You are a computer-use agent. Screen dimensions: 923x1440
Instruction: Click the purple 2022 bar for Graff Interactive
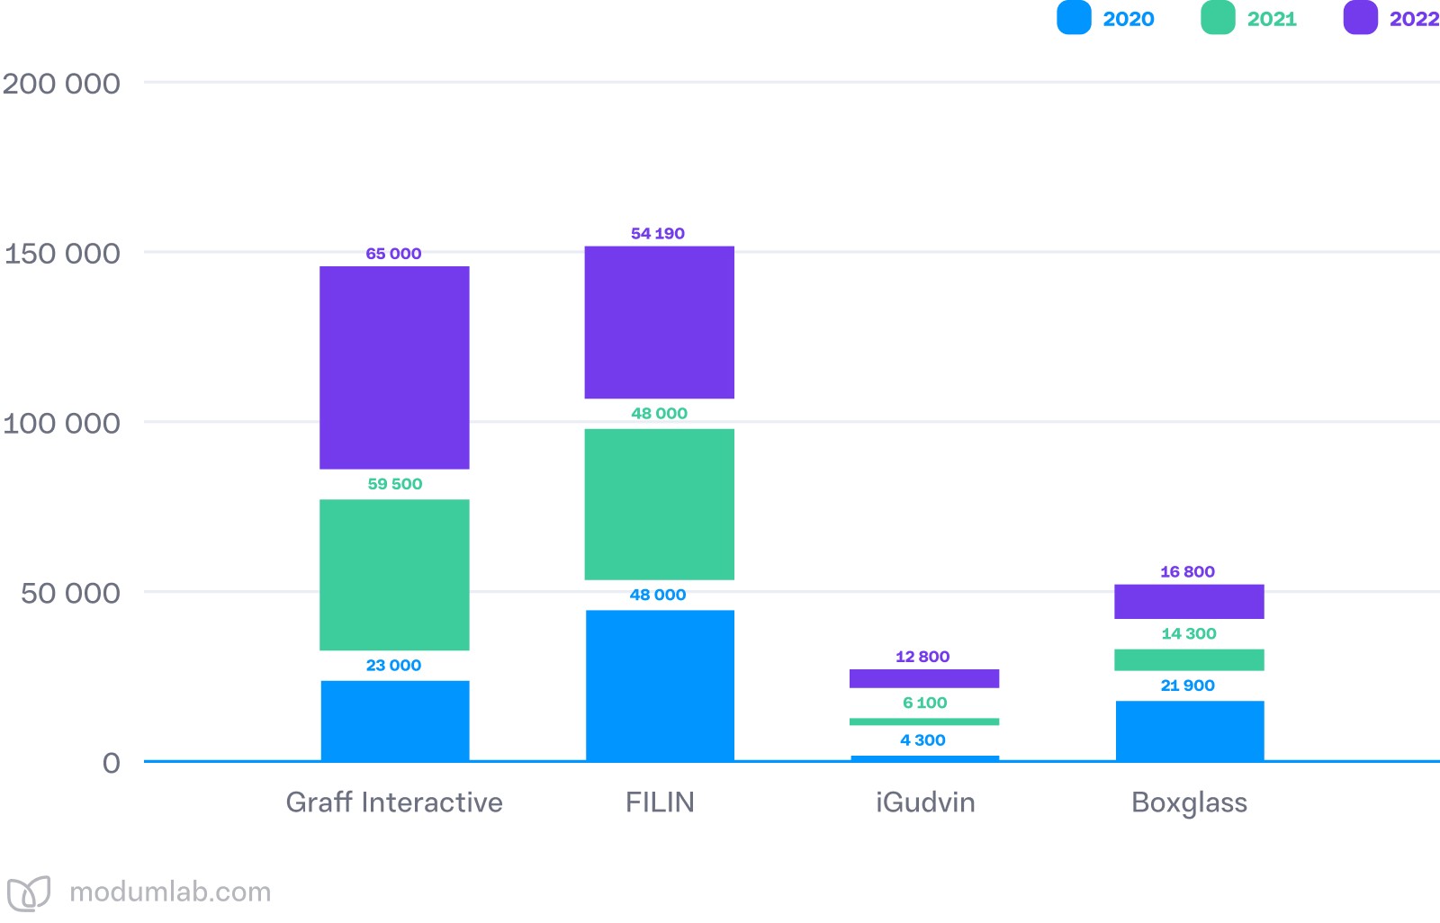point(394,367)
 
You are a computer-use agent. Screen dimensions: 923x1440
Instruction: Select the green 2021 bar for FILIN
point(659,504)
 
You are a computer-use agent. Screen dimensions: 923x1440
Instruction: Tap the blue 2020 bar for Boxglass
point(1189,730)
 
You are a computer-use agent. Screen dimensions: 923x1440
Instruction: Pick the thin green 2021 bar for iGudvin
point(924,721)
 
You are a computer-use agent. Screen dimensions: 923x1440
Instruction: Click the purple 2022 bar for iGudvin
point(924,678)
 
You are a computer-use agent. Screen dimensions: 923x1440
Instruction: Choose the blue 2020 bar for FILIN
point(659,686)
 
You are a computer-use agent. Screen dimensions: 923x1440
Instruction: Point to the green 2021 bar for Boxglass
point(1189,659)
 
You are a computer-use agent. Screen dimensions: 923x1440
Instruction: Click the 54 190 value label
point(658,234)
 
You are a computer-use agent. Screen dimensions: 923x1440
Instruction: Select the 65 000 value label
point(393,254)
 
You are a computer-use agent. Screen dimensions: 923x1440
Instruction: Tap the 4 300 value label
point(922,740)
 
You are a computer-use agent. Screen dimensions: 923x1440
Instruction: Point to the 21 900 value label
point(1187,686)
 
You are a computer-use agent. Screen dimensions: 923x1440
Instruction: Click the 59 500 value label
point(394,484)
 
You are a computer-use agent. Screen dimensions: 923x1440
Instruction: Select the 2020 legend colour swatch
point(1074,18)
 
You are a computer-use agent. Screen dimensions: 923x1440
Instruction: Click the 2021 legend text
point(1272,19)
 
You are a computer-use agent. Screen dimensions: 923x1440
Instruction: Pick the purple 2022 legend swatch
point(1360,18)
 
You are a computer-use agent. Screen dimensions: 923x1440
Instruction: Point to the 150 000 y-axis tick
point(62,254)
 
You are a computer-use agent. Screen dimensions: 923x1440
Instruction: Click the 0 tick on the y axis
point(111,763)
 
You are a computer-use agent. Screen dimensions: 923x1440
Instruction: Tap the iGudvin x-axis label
point(925,802)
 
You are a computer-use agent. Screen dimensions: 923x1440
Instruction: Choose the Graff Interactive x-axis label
point(394,802)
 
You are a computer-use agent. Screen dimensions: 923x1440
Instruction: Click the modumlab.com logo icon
point(29,893)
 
